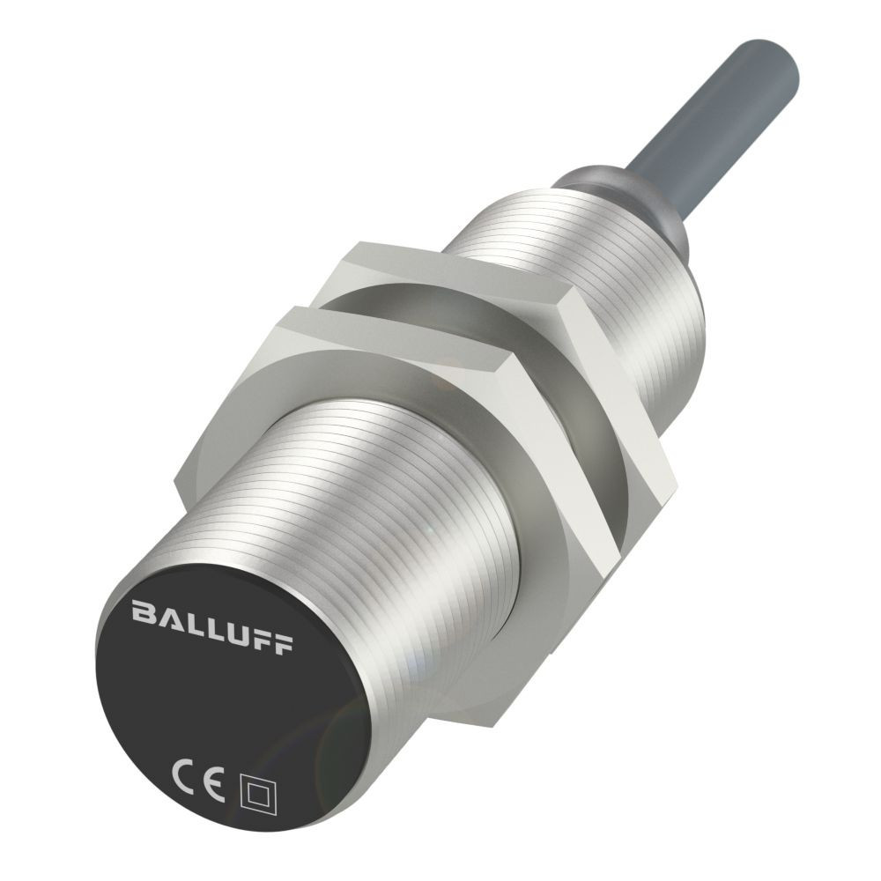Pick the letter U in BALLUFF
pos(234,624)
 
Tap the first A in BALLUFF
pos(165,611)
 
